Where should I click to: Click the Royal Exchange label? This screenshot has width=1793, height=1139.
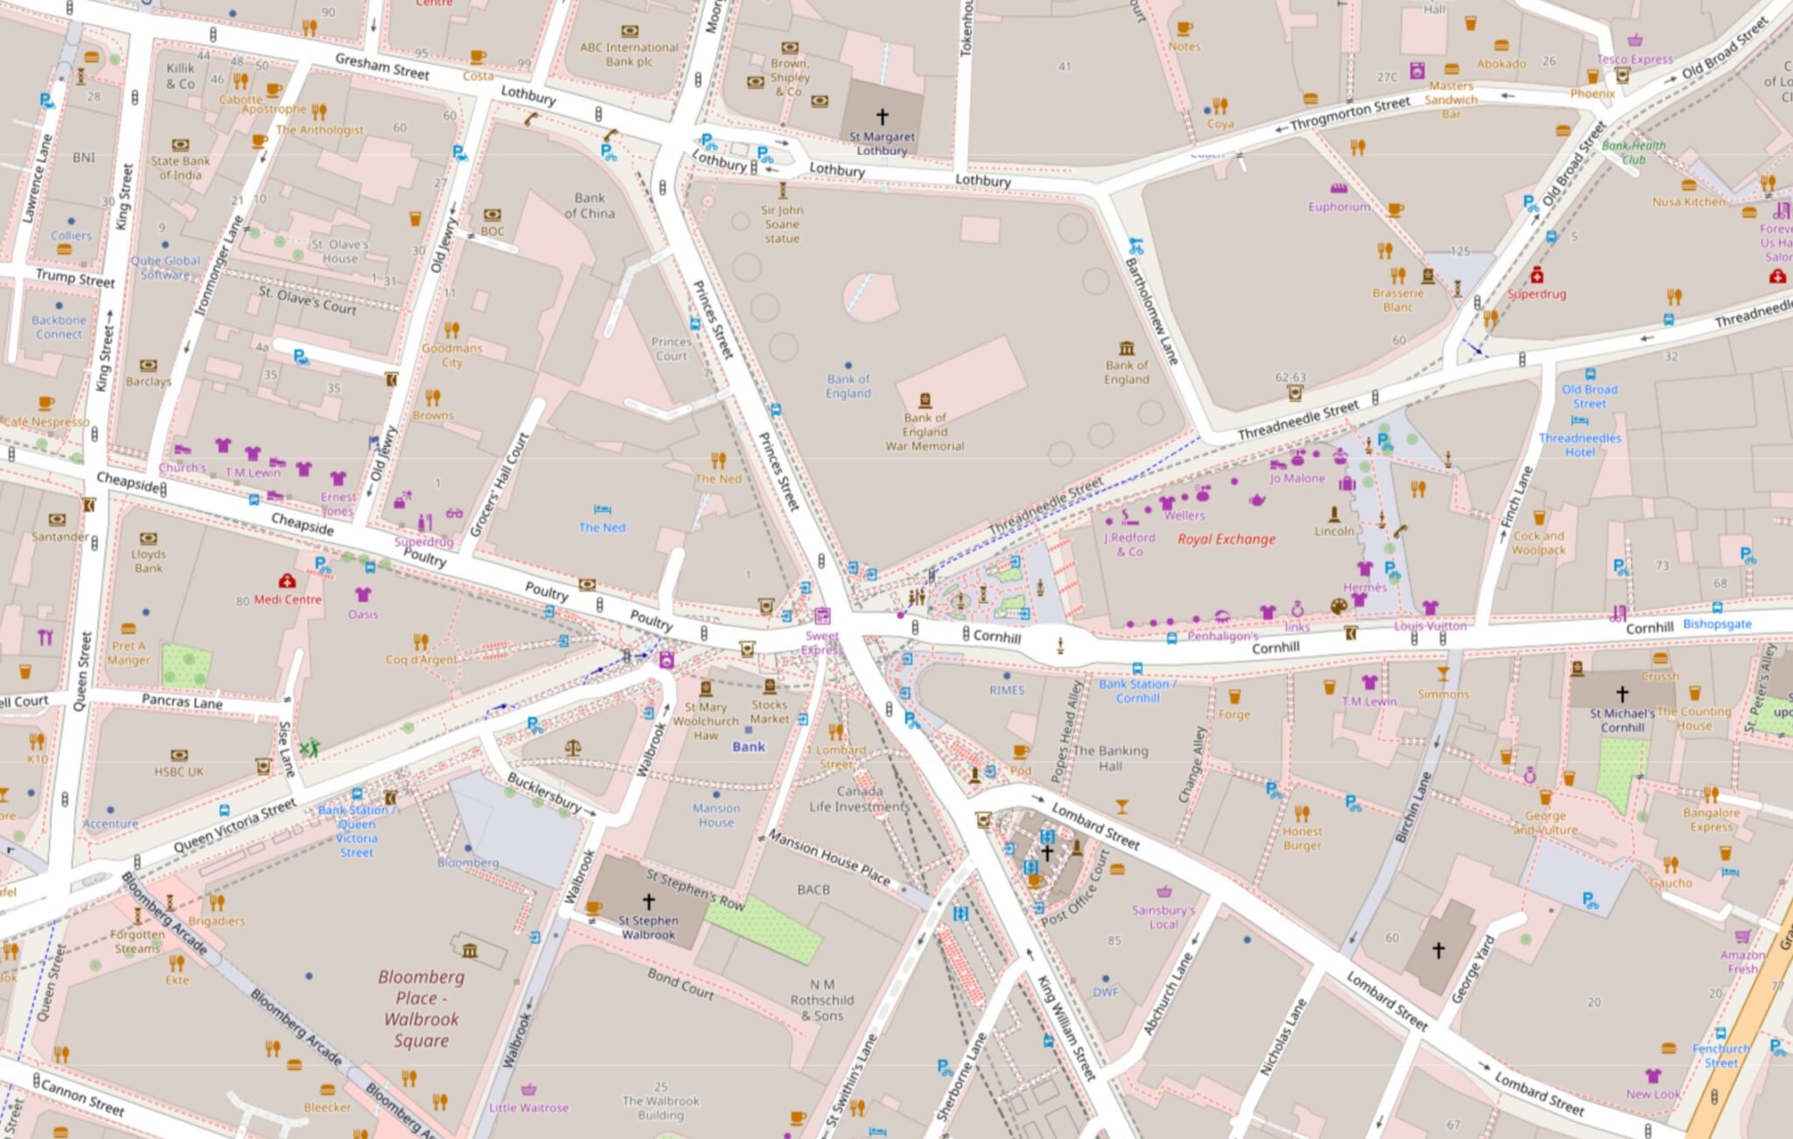(x=1226, y=539)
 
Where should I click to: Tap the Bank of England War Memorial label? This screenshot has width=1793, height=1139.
(x=925, y=432)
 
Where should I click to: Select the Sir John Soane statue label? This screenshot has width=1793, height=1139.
(x=782, y=224)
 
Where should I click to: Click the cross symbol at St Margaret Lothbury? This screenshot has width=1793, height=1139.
(x=882, y=116)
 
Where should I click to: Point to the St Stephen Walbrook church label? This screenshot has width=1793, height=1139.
(x=648, y=927)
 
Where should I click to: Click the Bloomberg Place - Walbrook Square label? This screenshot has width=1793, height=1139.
(x=421, y=1009)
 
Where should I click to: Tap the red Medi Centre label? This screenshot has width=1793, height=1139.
(x=288, y=600)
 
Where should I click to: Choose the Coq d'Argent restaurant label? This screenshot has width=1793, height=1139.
(x=421, y=659)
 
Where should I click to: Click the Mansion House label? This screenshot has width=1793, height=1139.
(x=716, y=815)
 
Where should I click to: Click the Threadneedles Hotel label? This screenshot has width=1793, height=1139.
(x=1579, y=445)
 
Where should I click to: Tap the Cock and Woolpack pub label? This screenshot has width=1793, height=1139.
(x=1538, y=543)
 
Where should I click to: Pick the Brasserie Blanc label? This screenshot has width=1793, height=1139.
(x=1397, y=299)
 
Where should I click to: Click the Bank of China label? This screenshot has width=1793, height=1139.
(x=589, y=206)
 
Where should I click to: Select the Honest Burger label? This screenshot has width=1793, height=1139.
(x=1302, y=838)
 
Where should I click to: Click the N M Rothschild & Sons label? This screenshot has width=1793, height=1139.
(x=821, y=1000)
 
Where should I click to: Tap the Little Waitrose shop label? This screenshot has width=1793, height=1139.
(x=529, y=1107)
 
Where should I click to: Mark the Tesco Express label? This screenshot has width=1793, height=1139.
(x=1634, y=60)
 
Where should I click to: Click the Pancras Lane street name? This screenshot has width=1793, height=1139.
(x=182, y=701)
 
